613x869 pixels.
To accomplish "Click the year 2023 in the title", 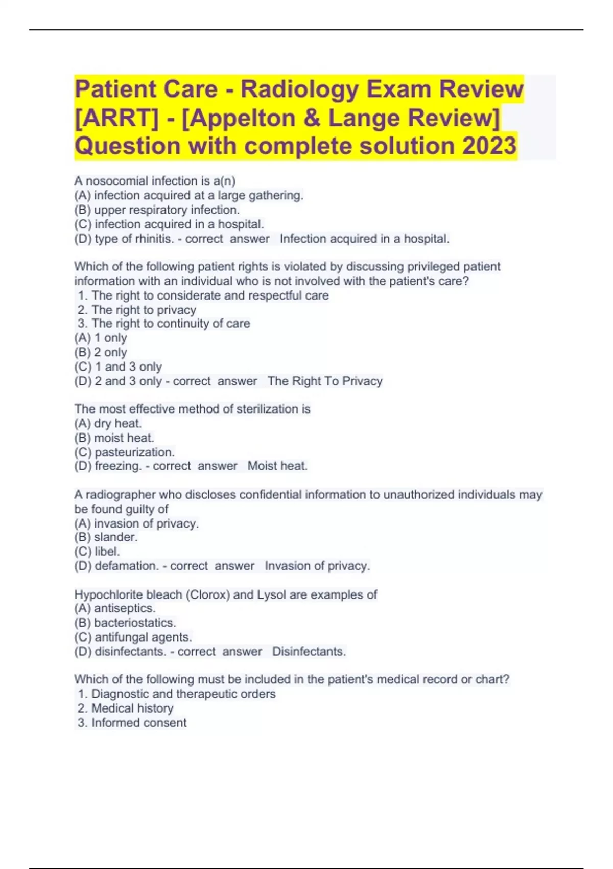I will click(x=489, y=146).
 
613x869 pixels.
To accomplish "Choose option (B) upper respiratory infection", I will click(x=157, y=210).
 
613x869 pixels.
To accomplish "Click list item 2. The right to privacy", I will click(x=136, y=310).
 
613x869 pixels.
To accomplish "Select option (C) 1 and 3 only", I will click(x=118, y=367).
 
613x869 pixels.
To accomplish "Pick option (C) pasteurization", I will click(x=124, y=452).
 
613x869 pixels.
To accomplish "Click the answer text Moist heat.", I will click(x=277, y=466).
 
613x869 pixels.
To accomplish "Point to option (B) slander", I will click(x=106, y=537).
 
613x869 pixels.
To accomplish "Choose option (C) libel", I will click(x=97, y=552).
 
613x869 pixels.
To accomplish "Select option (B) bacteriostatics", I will click(x=125, y=623).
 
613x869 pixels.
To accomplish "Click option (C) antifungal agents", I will click(x=133, y=637).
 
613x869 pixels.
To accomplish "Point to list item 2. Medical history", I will click(x=125, y=708).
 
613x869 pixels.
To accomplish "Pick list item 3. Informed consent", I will click(x=132, y=722).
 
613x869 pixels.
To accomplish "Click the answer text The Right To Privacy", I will click(x=325, y=381).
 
